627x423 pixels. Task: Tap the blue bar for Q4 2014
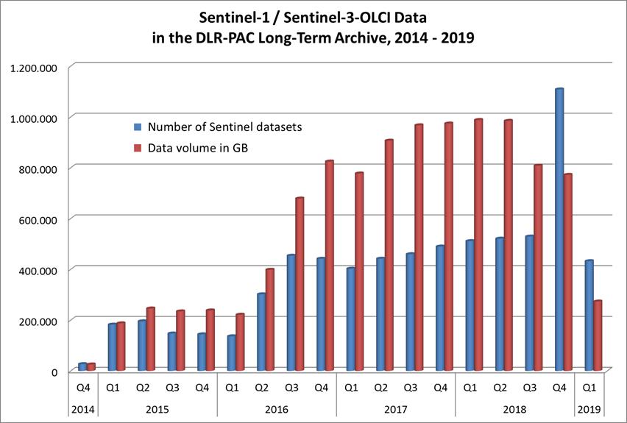coord(82,366)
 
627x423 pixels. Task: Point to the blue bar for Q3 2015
coord(171,352)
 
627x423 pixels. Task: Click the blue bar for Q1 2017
coord(350,319)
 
